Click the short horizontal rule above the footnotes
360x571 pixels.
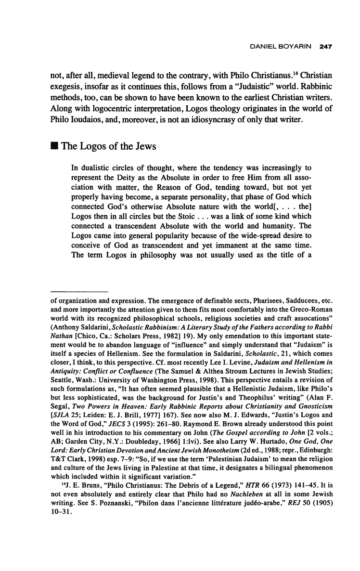[79, 292]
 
